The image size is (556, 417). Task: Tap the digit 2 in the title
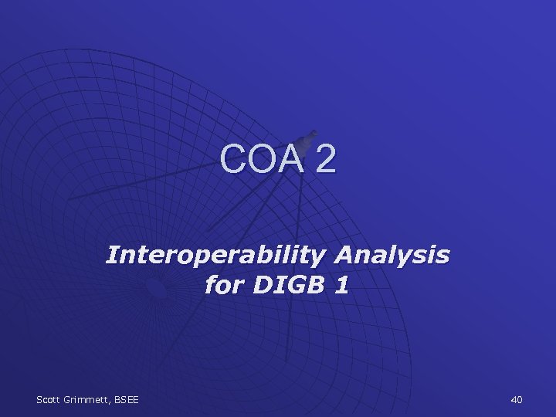tap(325, 159)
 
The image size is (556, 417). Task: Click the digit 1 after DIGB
tap(341, 286)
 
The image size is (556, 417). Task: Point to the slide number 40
tap(517, 398)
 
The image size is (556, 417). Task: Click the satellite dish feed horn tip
tap(312, 134)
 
